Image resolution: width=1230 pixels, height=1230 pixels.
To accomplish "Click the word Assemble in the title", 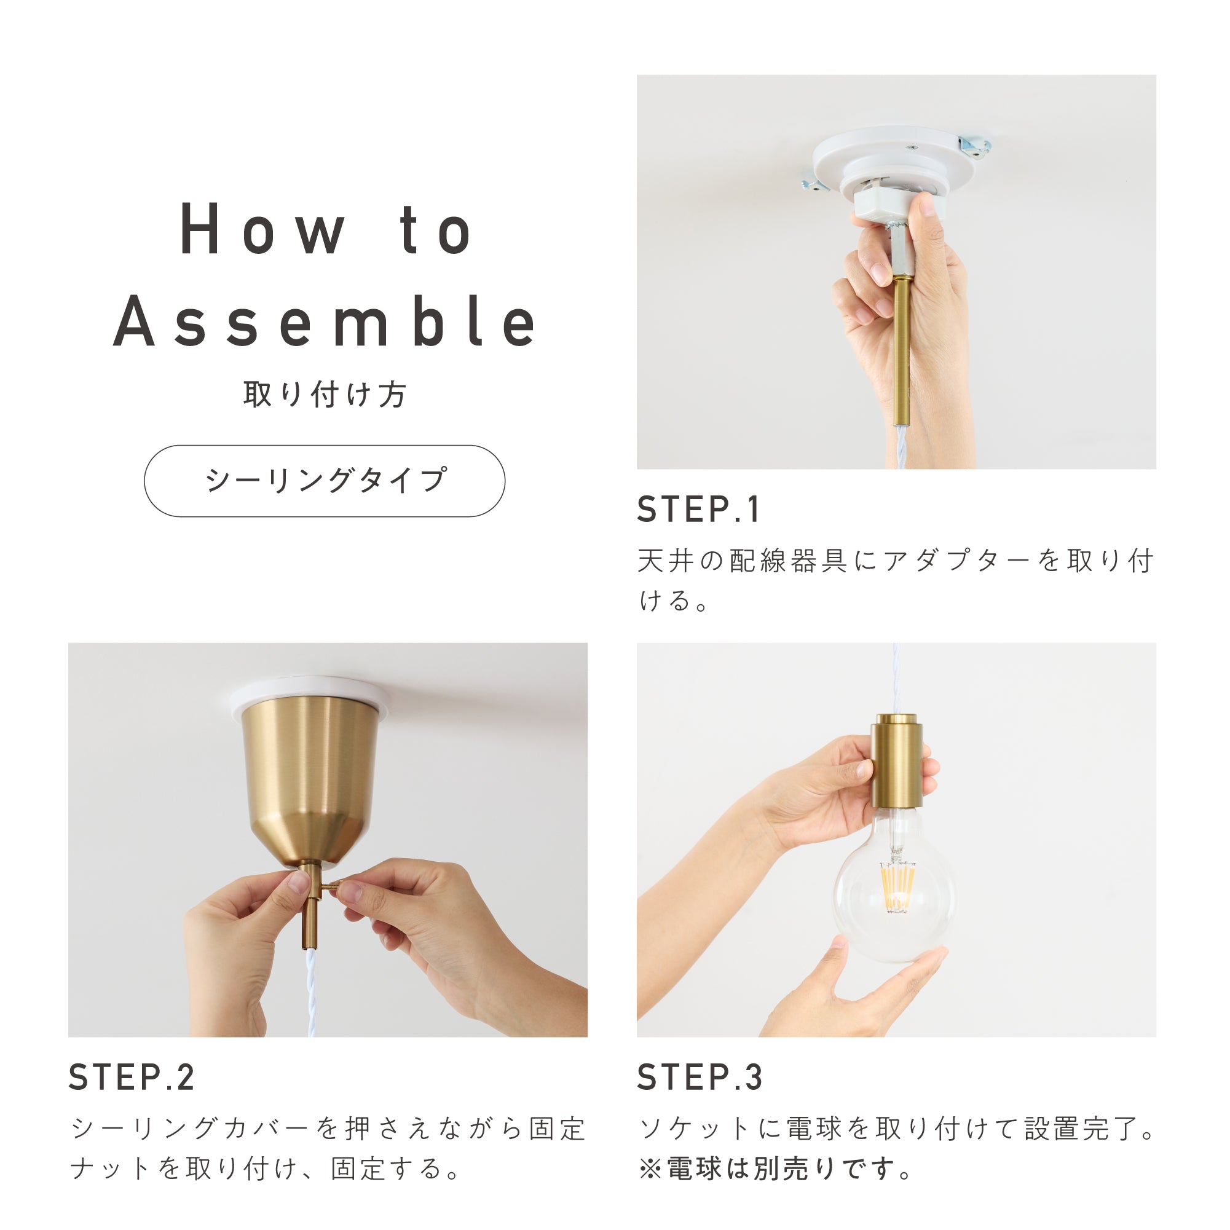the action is (325, 323).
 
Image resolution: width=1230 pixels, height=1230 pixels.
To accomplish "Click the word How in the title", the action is (263, 229).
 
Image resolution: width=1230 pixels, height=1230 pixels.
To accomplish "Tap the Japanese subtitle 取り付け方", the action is (325, 394).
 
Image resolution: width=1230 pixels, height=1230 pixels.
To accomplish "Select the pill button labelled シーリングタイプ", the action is (325, 481).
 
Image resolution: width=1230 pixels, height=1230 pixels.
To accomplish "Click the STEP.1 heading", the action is (698, 510).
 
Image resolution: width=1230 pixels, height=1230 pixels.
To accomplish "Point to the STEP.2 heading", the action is (131, 1077).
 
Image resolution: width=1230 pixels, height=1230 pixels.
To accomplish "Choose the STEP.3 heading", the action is (700, 1077).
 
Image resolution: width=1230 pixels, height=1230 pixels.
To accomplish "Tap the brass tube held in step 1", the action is (901, 350).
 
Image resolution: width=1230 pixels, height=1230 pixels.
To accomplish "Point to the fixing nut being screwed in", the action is (331, 887).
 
